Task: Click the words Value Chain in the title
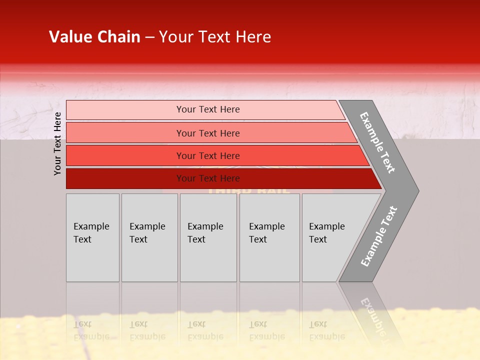click(x=94, y=37)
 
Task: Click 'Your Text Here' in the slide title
click(x=215, y=37)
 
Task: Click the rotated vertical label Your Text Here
click(x=57, y=144)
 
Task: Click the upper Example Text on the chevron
click(x=377, y=142)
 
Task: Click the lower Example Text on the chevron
click(x=378, y=236)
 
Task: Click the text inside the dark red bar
click(x=208, y=178)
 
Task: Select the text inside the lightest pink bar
click(x=208, y=109)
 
